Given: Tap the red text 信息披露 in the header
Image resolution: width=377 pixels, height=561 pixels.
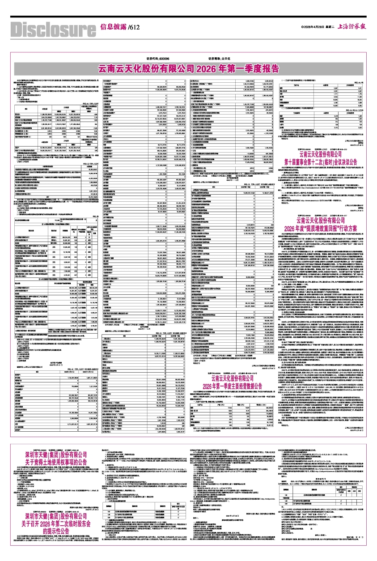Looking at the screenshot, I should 113,27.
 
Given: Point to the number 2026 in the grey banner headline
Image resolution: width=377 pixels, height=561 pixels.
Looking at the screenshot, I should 208,68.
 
